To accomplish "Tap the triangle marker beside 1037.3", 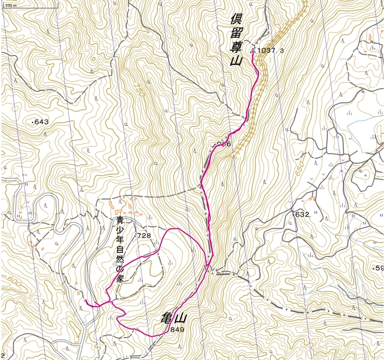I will click(252, 49).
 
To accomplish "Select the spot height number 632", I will click(302, 215).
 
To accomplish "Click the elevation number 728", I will click(144, 236).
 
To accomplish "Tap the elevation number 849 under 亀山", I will click(177, 330).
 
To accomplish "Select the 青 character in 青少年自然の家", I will click(120, 221).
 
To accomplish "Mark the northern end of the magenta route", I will click(252, 49).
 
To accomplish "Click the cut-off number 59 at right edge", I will click(380, 268).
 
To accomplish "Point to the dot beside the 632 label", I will click(292, 216).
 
